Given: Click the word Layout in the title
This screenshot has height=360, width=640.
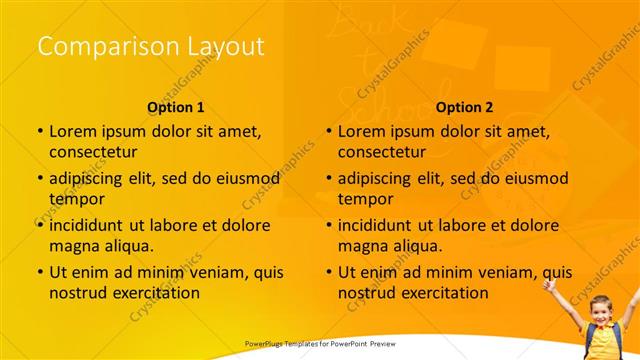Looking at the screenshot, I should click(226, 46).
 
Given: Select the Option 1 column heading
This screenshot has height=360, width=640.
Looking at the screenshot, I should click(176, 106).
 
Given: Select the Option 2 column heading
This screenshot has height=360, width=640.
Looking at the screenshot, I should click(465, 106).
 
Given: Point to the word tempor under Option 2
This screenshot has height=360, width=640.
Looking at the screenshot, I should click(365, 199).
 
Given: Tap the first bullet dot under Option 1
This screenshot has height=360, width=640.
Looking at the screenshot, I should click(39, 131).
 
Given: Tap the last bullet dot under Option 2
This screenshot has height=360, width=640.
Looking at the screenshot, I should click(328, 272).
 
